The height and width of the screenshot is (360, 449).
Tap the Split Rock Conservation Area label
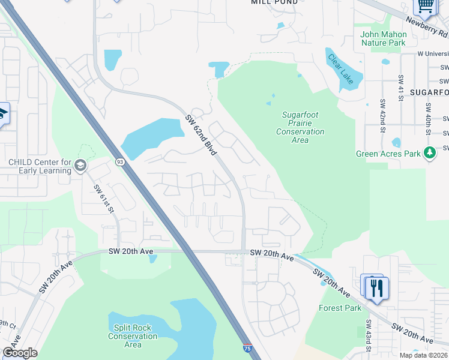pos(133,336)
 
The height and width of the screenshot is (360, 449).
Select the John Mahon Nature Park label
pos(383,38)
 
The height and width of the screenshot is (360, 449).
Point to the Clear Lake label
pos(343,69)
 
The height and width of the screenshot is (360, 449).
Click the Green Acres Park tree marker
pos(429,153)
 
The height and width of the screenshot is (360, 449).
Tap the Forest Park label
pos(340,308)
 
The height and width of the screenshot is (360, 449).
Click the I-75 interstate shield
pos(247,348)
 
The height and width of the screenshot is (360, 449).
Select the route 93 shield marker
pos(120,161)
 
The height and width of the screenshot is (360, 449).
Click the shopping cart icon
pos(426,6)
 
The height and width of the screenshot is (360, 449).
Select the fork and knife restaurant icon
pos(376,288)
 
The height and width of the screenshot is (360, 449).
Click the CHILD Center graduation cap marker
pos(81,165)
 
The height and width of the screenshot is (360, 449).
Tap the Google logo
pos(20,353)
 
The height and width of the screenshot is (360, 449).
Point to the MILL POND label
pos(271,2)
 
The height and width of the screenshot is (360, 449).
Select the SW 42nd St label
pos(381,112)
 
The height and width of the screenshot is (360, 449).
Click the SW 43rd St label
pos(368,338)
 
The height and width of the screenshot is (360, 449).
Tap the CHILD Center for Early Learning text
pos(40,166)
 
